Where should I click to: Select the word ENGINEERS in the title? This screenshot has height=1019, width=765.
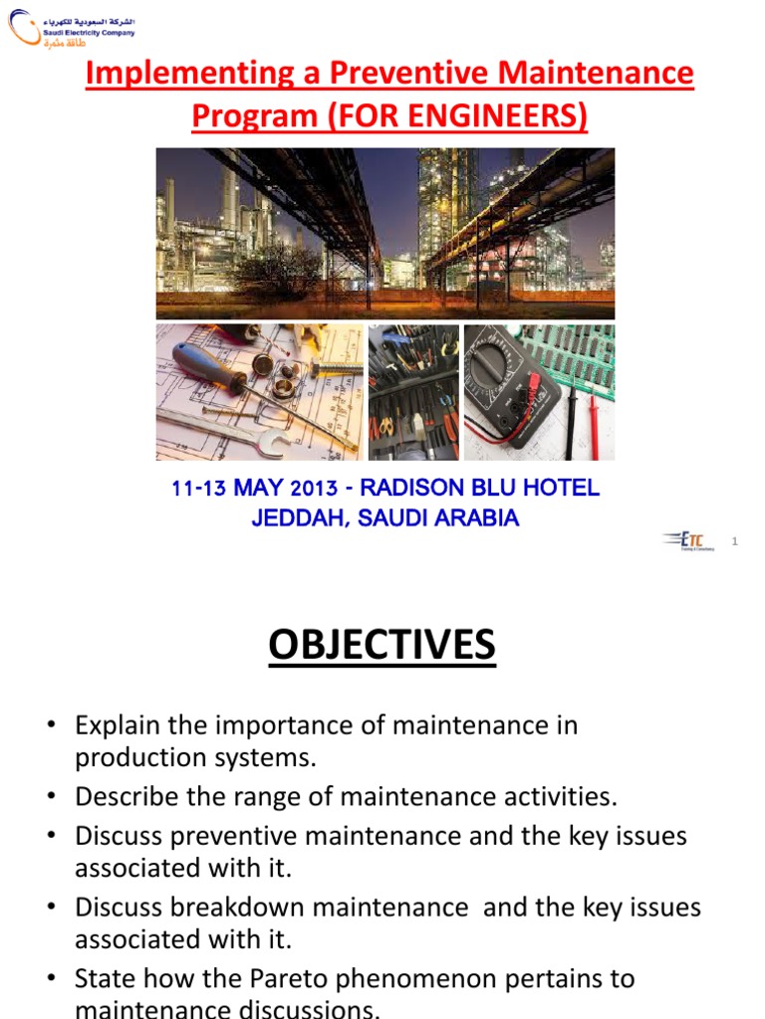point(482,116)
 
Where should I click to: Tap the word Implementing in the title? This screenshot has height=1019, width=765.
point(181,74)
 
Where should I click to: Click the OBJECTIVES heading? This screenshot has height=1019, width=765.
point(382,646)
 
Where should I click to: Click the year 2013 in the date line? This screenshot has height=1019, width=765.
point(314,490)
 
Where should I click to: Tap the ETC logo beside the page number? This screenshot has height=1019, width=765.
point(686,540)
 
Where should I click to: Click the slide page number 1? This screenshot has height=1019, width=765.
point(734,541)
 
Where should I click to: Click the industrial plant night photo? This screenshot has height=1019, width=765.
point(384,233)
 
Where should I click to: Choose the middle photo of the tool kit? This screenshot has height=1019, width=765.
point(413,392)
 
